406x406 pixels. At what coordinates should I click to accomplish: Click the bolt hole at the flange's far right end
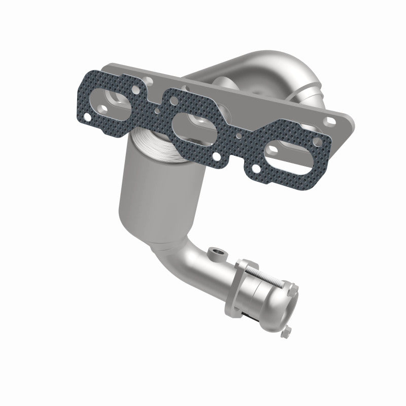point(331,120)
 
